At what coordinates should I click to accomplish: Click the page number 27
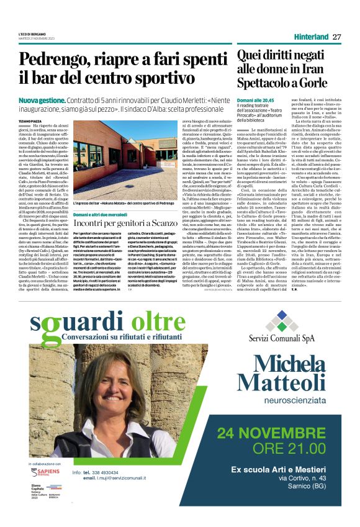(337, 37)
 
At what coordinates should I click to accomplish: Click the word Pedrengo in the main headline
(50, 61)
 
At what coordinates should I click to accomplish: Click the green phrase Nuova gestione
(42, 100)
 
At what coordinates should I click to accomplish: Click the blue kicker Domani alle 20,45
(254, 99)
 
